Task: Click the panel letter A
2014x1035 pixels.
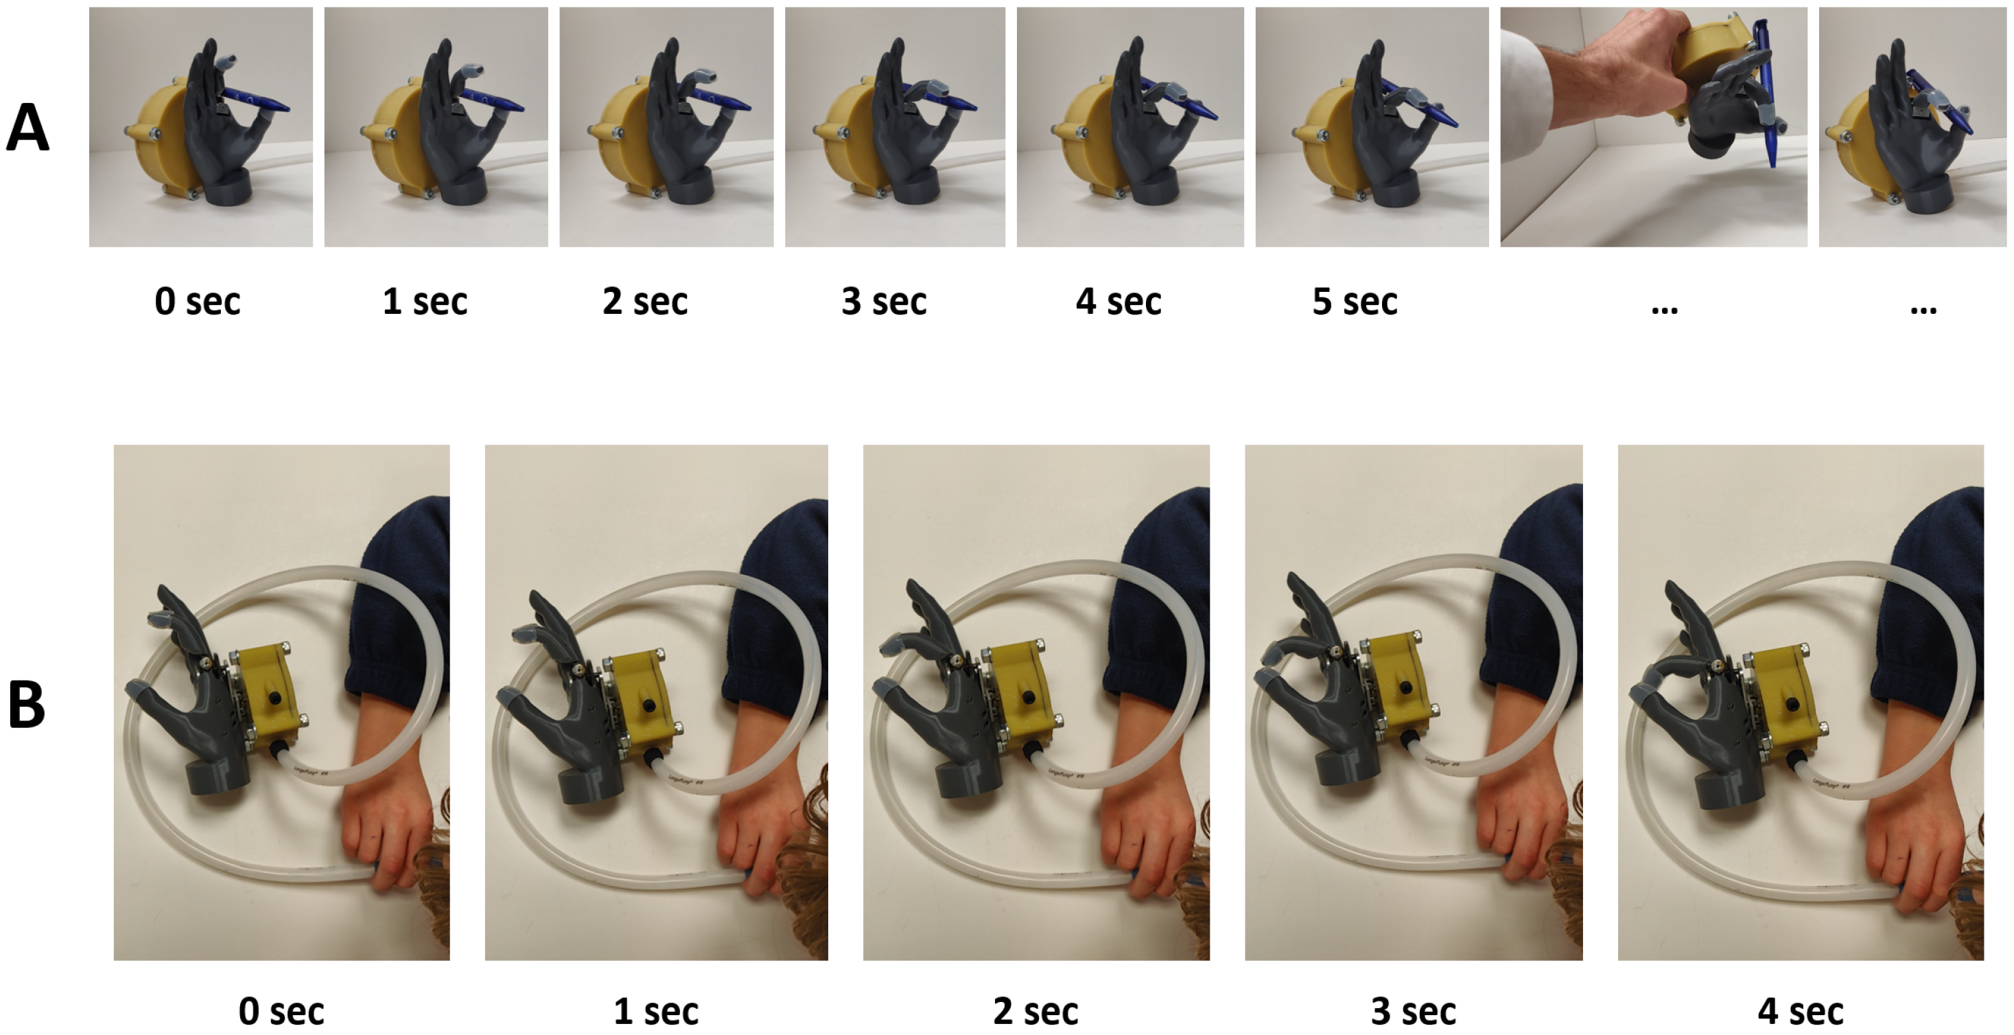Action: (27, 128)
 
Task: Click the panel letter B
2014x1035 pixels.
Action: (26, 704)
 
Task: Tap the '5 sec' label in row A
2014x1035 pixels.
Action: (1354, 302)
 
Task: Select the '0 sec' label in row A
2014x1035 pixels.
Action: (197, 302)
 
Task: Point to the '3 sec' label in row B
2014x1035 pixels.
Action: (1414, 1011)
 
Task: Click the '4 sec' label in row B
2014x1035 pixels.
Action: (1800, 1011)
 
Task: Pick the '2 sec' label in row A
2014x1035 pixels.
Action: (645, 302)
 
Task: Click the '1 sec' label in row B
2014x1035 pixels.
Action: (656, 1011)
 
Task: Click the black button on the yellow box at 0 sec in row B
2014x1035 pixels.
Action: (275, 697)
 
